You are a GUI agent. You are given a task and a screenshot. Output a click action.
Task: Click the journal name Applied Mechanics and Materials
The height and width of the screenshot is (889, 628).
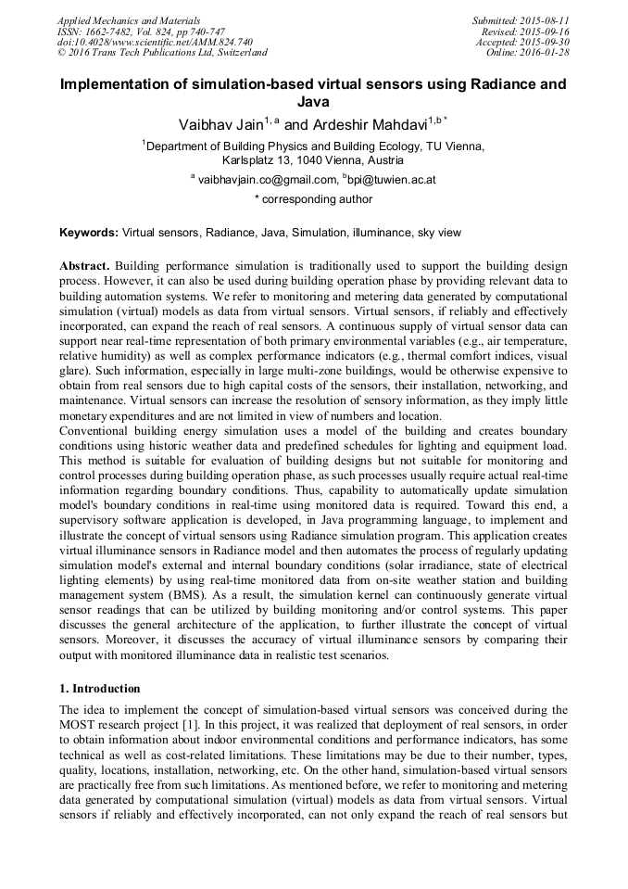pyautogui.click(x=129, y=19)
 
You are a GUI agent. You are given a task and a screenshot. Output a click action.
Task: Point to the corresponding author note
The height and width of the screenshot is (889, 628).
pyautogui.click(x=313, y=199)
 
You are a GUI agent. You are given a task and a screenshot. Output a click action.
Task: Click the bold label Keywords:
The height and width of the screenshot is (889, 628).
pyautogui.click(x=89, y=233)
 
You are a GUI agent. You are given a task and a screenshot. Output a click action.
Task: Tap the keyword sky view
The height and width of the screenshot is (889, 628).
pyautogui.click(x=439, y=233)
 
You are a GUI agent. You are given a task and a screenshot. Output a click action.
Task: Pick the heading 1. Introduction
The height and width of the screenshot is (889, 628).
pyautogui.click(x=100, y=689)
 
